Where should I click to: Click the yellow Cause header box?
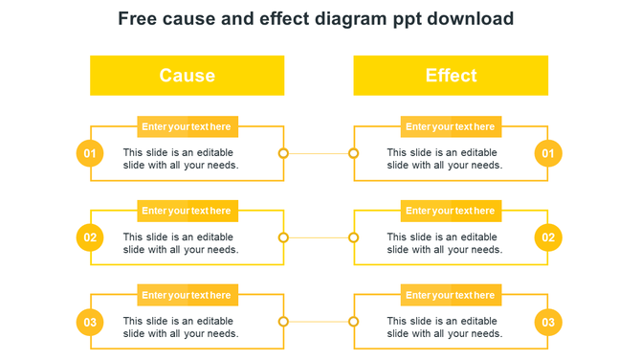[187, 76]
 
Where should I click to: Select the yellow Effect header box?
[451, 76]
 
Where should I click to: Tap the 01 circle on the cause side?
[90, 153]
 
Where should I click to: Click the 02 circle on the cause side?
[90, 237]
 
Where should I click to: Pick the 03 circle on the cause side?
[90, 323]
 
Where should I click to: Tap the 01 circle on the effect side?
[548, 153]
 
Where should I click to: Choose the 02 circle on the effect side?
[548, 237]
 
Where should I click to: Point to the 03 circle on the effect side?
[548, 323]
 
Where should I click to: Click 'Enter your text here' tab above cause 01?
[187, 126]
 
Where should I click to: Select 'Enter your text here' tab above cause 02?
[187, 211]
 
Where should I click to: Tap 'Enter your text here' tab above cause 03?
[187, 295]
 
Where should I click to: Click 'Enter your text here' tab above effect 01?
[451, 126]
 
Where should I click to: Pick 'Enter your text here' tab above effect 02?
[451, 211]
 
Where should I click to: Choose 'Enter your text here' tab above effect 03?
[451, 295]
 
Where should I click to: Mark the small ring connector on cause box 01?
[283, 153]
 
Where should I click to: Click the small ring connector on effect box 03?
[353, 323]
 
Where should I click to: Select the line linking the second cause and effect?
[318, 237]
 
